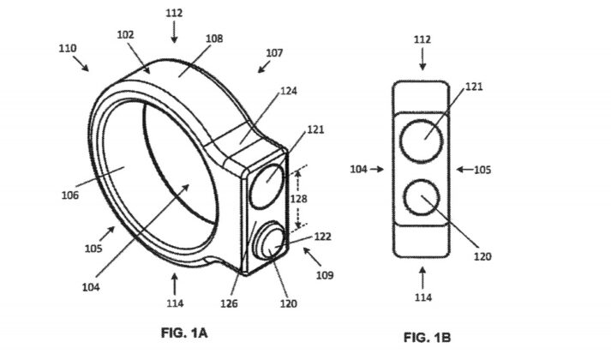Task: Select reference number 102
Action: click(x=125, y=36)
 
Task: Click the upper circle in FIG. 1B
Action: click(x=422, y=140)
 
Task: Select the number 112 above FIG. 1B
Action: click(x=422, y=40)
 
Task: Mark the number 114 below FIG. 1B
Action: click(x=422, y=297)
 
